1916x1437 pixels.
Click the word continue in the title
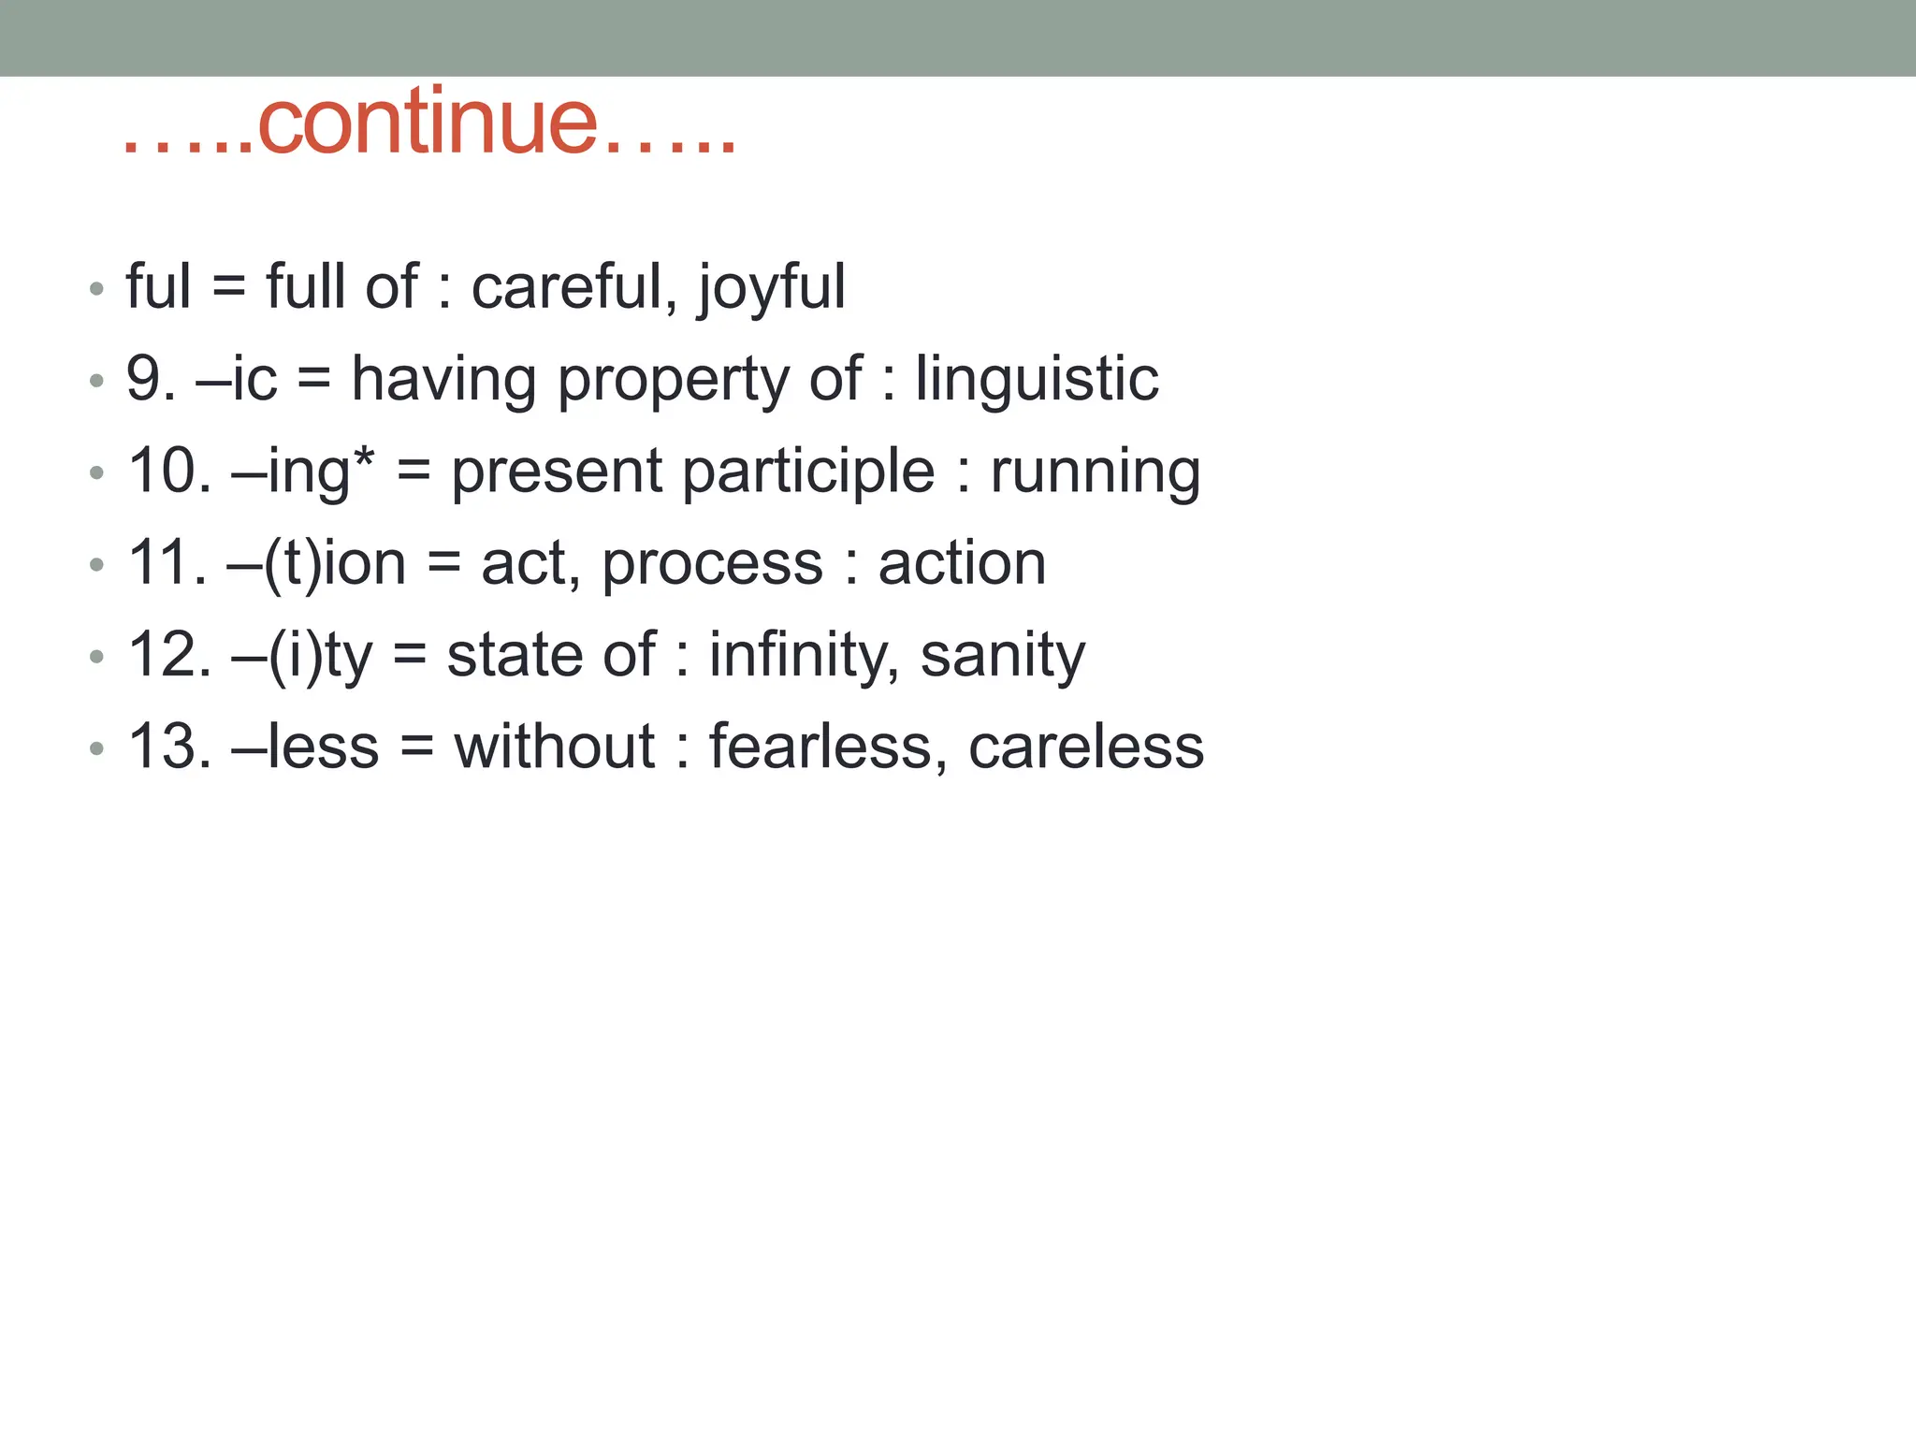[x=427, y=123]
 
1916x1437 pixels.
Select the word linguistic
[x=1037, y=380]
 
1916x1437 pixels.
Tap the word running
[x=1095, y=472]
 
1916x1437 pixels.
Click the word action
[x=962, y=564]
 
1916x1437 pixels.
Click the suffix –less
[x=305, y=748]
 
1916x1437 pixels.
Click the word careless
[x=1085, y=748]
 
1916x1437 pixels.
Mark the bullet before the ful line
[x=96, y=288]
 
